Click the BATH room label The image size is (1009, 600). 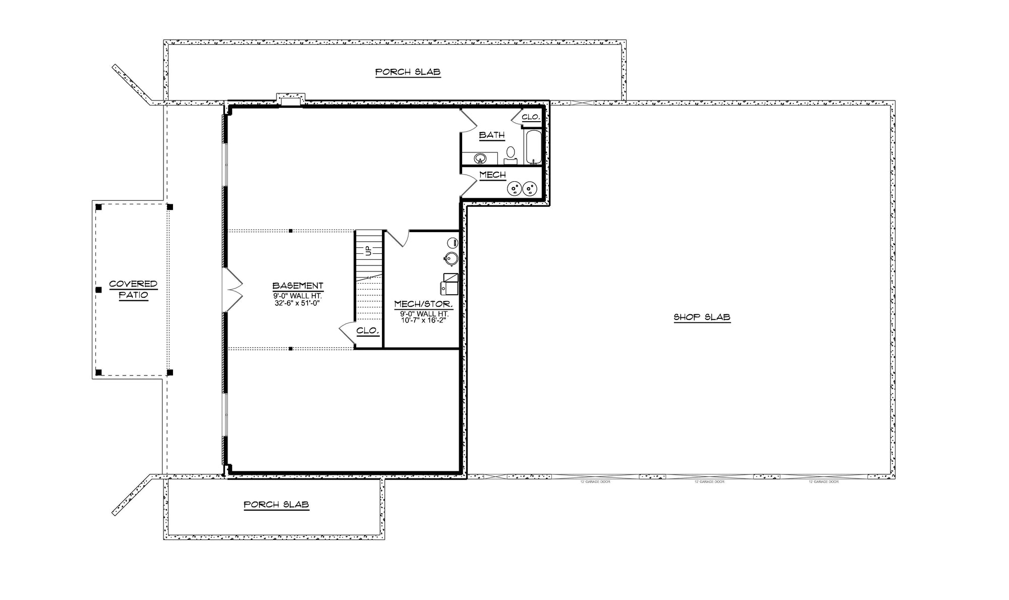[491, 135]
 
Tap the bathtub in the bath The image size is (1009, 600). [534, 147]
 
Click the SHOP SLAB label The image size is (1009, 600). [702, 317]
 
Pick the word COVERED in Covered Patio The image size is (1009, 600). [133, 284]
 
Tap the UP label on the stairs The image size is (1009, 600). [368, 250]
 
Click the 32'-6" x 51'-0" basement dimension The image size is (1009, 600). [298, 303]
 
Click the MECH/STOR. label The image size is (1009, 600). [423, 304]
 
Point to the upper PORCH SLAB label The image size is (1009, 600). [408, 72]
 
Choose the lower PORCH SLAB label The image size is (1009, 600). [276, 505]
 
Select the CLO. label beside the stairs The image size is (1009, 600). [367, 331]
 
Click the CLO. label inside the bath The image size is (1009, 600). [531, 117]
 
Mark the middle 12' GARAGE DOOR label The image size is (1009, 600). [709, 482]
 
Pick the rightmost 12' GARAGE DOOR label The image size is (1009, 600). [823, 482]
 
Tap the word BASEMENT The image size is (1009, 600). [298, 286]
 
